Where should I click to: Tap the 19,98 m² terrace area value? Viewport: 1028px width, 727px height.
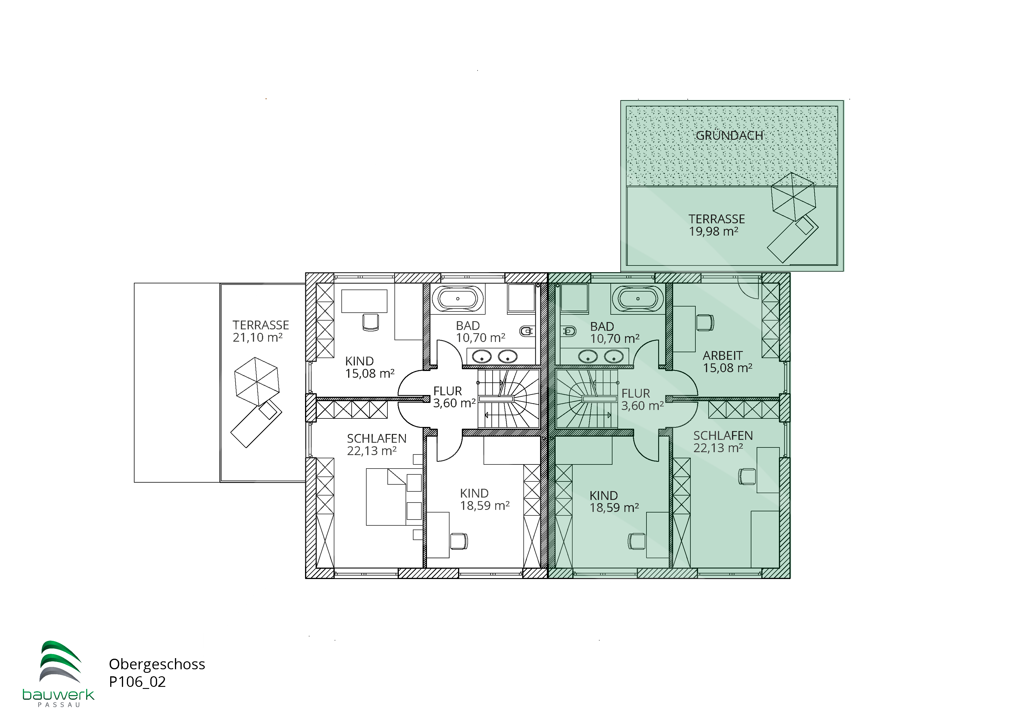[713, 231]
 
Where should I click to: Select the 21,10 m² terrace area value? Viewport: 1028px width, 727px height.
[258, 338]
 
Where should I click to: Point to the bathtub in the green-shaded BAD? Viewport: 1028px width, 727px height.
[638, 299]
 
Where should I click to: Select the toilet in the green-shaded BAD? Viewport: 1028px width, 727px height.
[569, 331]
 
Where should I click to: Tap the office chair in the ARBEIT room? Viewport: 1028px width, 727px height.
[705, 322]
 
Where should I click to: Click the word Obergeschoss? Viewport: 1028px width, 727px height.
[157, 664]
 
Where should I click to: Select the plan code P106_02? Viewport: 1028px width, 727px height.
[137, 682]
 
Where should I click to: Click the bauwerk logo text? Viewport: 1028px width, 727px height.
[58, 694]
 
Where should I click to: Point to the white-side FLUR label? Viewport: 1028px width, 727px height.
[447, 391]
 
